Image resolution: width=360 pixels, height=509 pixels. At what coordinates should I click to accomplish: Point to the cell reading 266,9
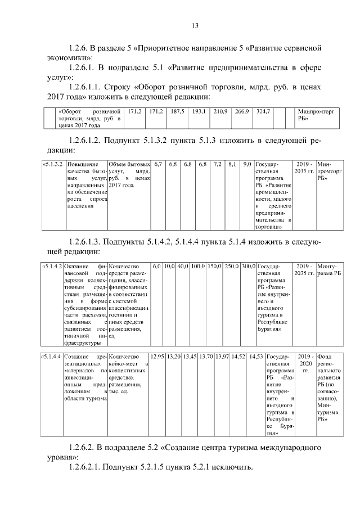[x=241, y=112]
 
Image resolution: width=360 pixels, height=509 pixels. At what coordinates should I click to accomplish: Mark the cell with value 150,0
[x=215, y=265]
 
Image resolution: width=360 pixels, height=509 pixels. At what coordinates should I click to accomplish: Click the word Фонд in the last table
[x=325, y=357]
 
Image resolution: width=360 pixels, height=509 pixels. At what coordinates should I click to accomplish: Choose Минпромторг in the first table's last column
[x=318, y=112]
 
